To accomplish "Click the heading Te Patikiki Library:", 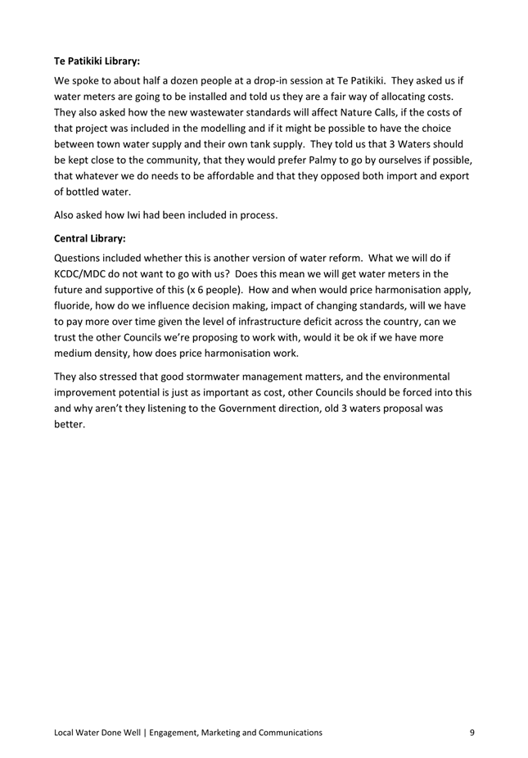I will point(97,60).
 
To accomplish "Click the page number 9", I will point(472,733).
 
